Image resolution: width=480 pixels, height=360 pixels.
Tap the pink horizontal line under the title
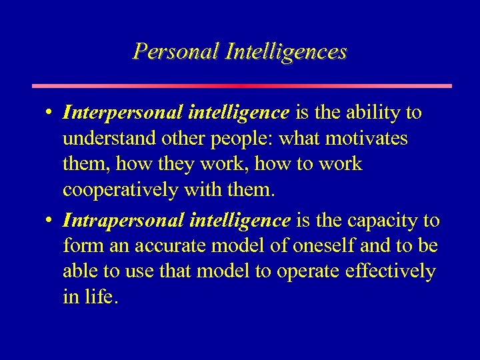(x=242, y=86)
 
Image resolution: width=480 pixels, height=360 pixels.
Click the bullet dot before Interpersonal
(x=51, y=113)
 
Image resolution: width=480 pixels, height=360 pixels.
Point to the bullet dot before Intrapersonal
(x=51, y=220)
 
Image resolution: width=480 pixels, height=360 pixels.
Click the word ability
(x=378, y=113)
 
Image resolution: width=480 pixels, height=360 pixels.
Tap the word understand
(x=108, y=139)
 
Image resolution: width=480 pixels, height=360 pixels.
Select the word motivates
(x=371, y=139)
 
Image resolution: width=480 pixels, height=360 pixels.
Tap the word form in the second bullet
(x=79, y=246)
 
